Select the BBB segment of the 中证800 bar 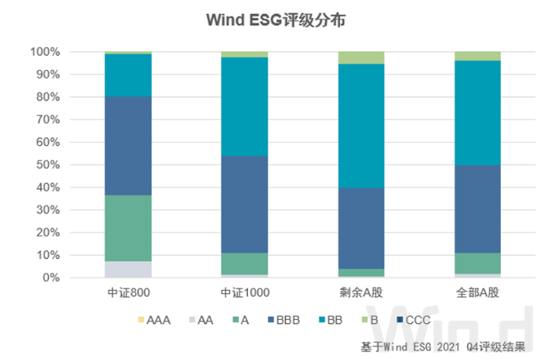click(128, 146)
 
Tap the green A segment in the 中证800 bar click(128, 228)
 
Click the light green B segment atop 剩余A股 click(362, 57)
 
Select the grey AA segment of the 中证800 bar click(128, 269)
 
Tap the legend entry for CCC click(414, 320)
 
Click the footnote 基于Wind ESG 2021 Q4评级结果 click(443, 345)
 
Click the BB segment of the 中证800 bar click(128, 75)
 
